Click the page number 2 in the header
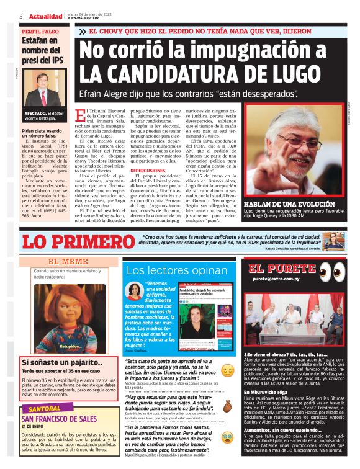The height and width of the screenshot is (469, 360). click(21, 16)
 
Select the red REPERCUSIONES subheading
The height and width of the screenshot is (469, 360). click(148, 170)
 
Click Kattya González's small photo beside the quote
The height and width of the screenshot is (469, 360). click(333, 241)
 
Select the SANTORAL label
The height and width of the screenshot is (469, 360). click(44, 409)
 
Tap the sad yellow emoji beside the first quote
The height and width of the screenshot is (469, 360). click(227, 370)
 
